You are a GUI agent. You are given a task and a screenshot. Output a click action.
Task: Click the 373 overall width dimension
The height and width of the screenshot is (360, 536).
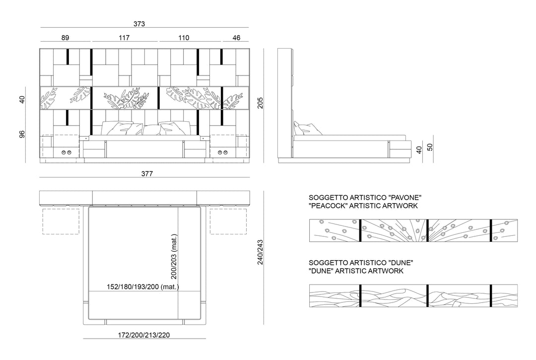click(139, 24)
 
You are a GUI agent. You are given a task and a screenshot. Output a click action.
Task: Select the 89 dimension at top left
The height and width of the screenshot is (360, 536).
click(66, 38)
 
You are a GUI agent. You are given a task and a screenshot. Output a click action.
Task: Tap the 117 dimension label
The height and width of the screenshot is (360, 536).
click(124, 38)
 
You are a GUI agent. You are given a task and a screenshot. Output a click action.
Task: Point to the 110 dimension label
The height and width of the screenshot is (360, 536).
click(184, 38)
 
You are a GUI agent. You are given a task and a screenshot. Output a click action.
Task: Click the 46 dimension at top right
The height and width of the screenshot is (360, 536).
click(236, 38)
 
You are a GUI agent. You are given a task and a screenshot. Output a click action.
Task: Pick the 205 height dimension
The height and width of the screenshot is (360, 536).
click(260, 103)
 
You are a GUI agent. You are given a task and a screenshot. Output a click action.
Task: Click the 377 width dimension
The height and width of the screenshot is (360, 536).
click(147, 174)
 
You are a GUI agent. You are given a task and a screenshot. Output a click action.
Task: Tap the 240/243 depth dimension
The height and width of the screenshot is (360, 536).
click(260, 252)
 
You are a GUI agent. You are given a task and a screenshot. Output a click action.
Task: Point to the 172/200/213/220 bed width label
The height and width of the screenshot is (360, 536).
click(144, 335)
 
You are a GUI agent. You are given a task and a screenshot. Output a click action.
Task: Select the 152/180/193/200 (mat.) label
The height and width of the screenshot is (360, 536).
click(143, 287)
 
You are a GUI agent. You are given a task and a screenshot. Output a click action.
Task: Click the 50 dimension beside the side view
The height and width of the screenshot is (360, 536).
click(430, 147)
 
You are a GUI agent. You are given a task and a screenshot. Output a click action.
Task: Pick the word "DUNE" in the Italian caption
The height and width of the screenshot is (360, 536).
click(401, 263)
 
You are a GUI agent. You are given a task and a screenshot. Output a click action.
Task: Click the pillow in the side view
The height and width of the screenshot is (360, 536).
click(307, 129)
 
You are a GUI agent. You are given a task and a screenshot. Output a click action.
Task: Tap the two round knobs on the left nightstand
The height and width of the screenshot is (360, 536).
click(67, 152)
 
